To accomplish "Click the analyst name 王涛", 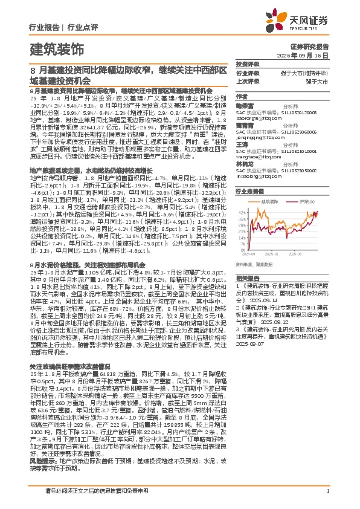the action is pyautogui.click(x=242, y=144).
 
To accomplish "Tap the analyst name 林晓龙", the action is pyautogui.click(x=244, y=164).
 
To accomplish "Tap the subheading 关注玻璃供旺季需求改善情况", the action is pyautogui.click(x=70, y=366).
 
